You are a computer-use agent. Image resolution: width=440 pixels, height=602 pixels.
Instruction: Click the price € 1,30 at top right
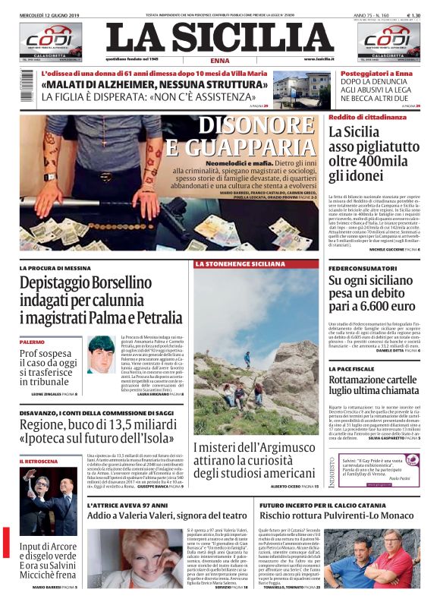click(413, 15)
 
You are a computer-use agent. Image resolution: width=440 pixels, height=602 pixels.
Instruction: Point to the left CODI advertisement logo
click(50, 43)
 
